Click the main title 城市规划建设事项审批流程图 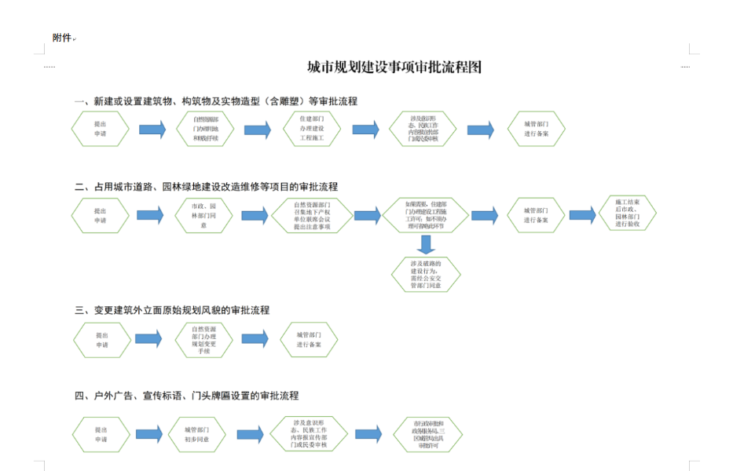394,68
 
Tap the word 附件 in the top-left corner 62,38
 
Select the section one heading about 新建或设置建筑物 215,101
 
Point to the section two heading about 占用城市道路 206,187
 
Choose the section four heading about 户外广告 186,396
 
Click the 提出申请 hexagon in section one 101,130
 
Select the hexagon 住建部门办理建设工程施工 312,130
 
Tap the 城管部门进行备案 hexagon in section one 536,130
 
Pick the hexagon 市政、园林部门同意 203,215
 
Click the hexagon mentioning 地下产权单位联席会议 312,215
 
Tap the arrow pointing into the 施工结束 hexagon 582,215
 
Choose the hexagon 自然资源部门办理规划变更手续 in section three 203,340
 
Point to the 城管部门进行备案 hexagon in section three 310,340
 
